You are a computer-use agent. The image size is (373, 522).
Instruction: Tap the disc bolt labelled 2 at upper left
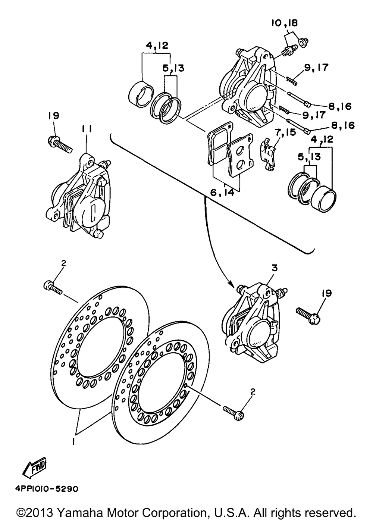tap(53, 287)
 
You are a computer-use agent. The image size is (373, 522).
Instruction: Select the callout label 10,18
tap(284, 24)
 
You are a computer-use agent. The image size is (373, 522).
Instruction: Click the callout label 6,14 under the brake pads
tap(222, 193)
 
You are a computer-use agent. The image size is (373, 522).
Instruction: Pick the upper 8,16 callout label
tap(339, 107)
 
